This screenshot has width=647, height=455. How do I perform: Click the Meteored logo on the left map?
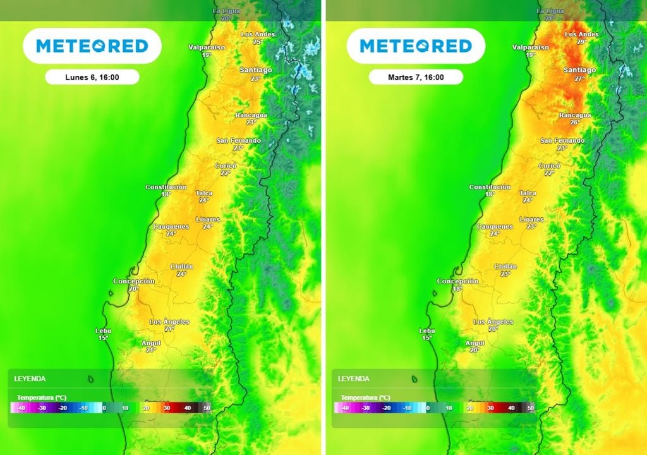pos(92,45)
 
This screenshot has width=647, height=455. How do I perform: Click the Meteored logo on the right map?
pos(416,45)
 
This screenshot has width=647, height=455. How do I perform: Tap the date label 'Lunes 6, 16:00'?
pos(92,77)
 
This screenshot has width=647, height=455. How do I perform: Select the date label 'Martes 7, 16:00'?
pos(416,77)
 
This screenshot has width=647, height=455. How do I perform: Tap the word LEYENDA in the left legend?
pos(30,379)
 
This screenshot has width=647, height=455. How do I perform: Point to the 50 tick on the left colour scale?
pos(207,408)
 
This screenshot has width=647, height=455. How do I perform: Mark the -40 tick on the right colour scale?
pos(345,408)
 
